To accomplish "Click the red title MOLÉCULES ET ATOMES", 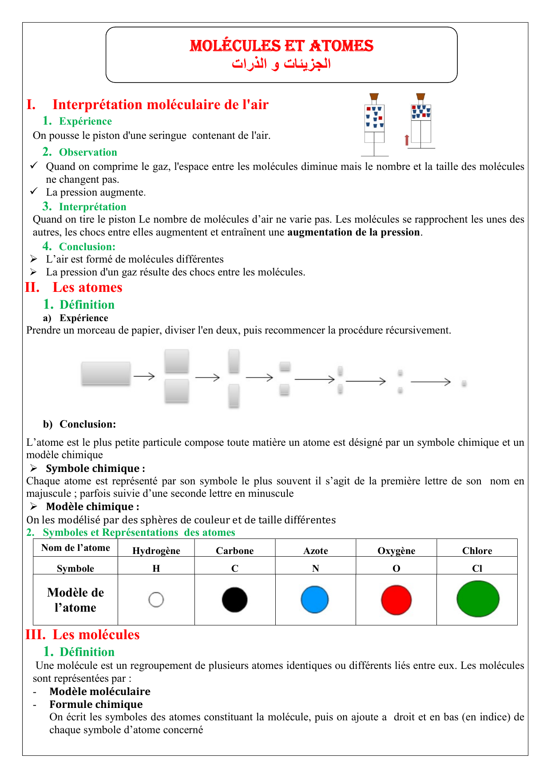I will (x=281, y=46).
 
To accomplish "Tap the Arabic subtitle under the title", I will (x=281, y=64).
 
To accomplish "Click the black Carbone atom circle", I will (x=234, y=600).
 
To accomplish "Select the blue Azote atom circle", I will (x=315, y=600).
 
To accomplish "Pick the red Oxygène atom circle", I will (x=396, y=600).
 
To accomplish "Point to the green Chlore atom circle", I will (x=478, y=599).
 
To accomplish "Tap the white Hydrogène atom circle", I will (x=156, y=600).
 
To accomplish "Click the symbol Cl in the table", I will (x=477, y=569).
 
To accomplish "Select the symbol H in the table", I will (x=156, y=569).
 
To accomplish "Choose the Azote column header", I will (x=316, y=551).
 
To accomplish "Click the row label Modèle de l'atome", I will (x=75, y=600).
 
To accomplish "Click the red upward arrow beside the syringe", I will (x=407, y=140).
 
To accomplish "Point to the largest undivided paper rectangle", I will (x=106, y=373).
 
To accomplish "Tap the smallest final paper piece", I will (x=464, y=383).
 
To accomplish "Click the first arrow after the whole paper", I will (x=144, y=376).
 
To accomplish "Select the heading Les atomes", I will (x=87, y=287).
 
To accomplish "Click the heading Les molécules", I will (x=96, y=635).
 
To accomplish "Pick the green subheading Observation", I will (x=88, y=152).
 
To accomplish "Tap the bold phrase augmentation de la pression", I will (x=354, y=232).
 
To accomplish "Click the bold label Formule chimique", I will (x=96, y=704).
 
